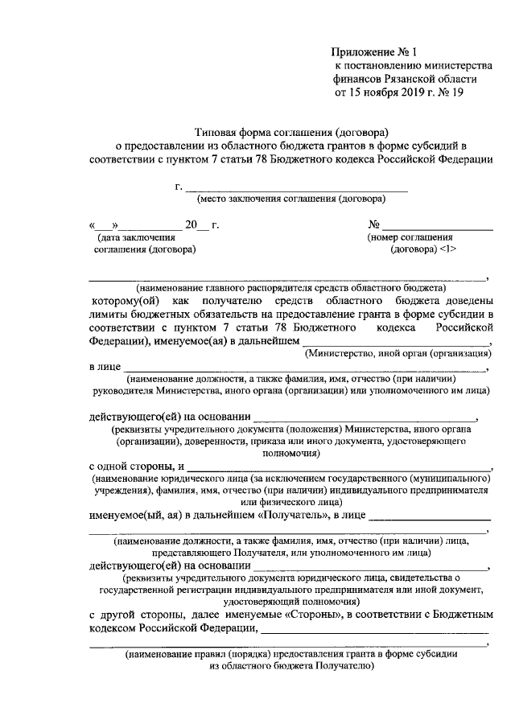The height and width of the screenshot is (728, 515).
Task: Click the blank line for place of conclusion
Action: [297, 188]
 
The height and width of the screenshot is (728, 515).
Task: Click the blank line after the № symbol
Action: [438, 226]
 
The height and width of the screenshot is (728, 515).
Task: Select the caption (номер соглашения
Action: [410, 238]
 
